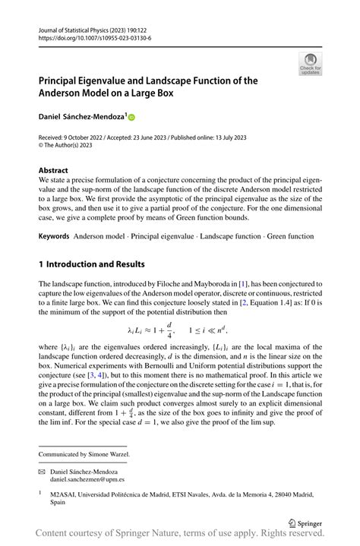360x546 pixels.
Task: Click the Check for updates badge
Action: pyautogui.click(x=311, y=65)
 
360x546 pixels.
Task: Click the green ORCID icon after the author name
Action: pyautogui.click(x=131, y=118)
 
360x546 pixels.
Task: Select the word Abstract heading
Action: pyautogui.click(x=53, y=171)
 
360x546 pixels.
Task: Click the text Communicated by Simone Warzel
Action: pyautogui.click(x=84, y=454)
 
